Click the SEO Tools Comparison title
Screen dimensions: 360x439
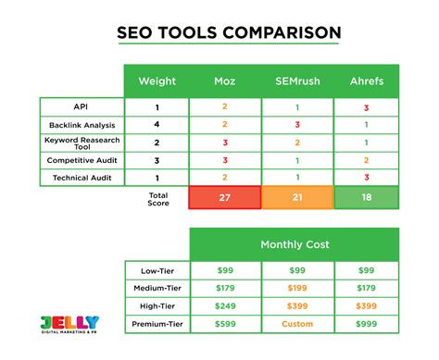pyautogui.click(x=227, y=33)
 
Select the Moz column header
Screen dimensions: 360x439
pyautogui.click(x=224, y=81)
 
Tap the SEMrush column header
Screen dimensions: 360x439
pyautogui.click(x=296, y=81)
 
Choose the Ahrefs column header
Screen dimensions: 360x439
pyautogui.click(x=367, y=81)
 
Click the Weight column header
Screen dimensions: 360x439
pyautogui.click(x=157, y=81)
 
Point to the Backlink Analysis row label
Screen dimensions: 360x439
pyautogui.click(x=82, y=124)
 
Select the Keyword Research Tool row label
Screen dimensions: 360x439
pyautogui.click(x=82, y=142)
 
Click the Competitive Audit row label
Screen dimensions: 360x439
pyautogui.click(x=82, y=159)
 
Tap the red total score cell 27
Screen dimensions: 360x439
pyautogui.click(x=224, y=197)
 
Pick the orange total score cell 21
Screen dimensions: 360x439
pyautogui.click(x=296, y=197)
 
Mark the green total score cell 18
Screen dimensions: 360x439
pyautogui.click(x=367, y=197)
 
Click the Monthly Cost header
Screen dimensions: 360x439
pyautogui.click(x=296, y=244)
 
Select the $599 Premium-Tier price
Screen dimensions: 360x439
pyautogui.click(x=224, y=323)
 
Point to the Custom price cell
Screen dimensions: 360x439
pyautogui.click(x=296, y=323)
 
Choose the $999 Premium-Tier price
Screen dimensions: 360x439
pyautogui.click(x=367, y=323)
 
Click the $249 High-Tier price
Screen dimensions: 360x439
pyautogui.click(x=224, y=304)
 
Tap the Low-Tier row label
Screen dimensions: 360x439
pyautogui.click(x=157, y=269)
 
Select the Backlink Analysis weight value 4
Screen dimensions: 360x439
pyautogui.click(x=157, y=124)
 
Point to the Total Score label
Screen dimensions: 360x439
pyautogui.click(x=158, y=197)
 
